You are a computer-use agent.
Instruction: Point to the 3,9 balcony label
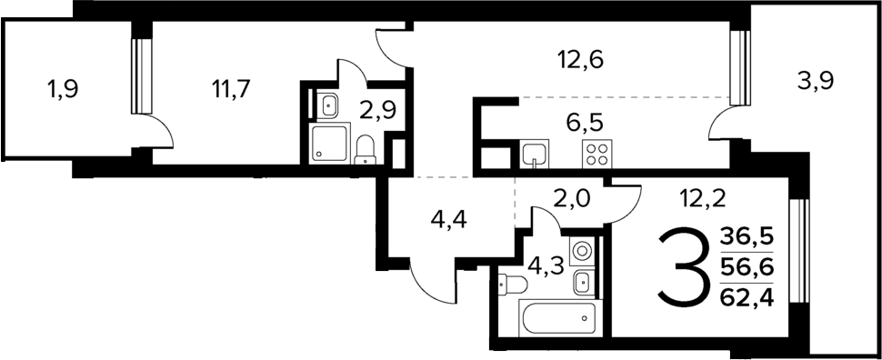pos(816,81)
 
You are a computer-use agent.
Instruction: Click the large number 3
pos(682,267)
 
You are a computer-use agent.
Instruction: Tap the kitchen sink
pos(534,155)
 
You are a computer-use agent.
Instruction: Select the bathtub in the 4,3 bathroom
pos(556,320)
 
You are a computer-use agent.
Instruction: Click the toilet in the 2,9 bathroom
pos(366,150)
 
